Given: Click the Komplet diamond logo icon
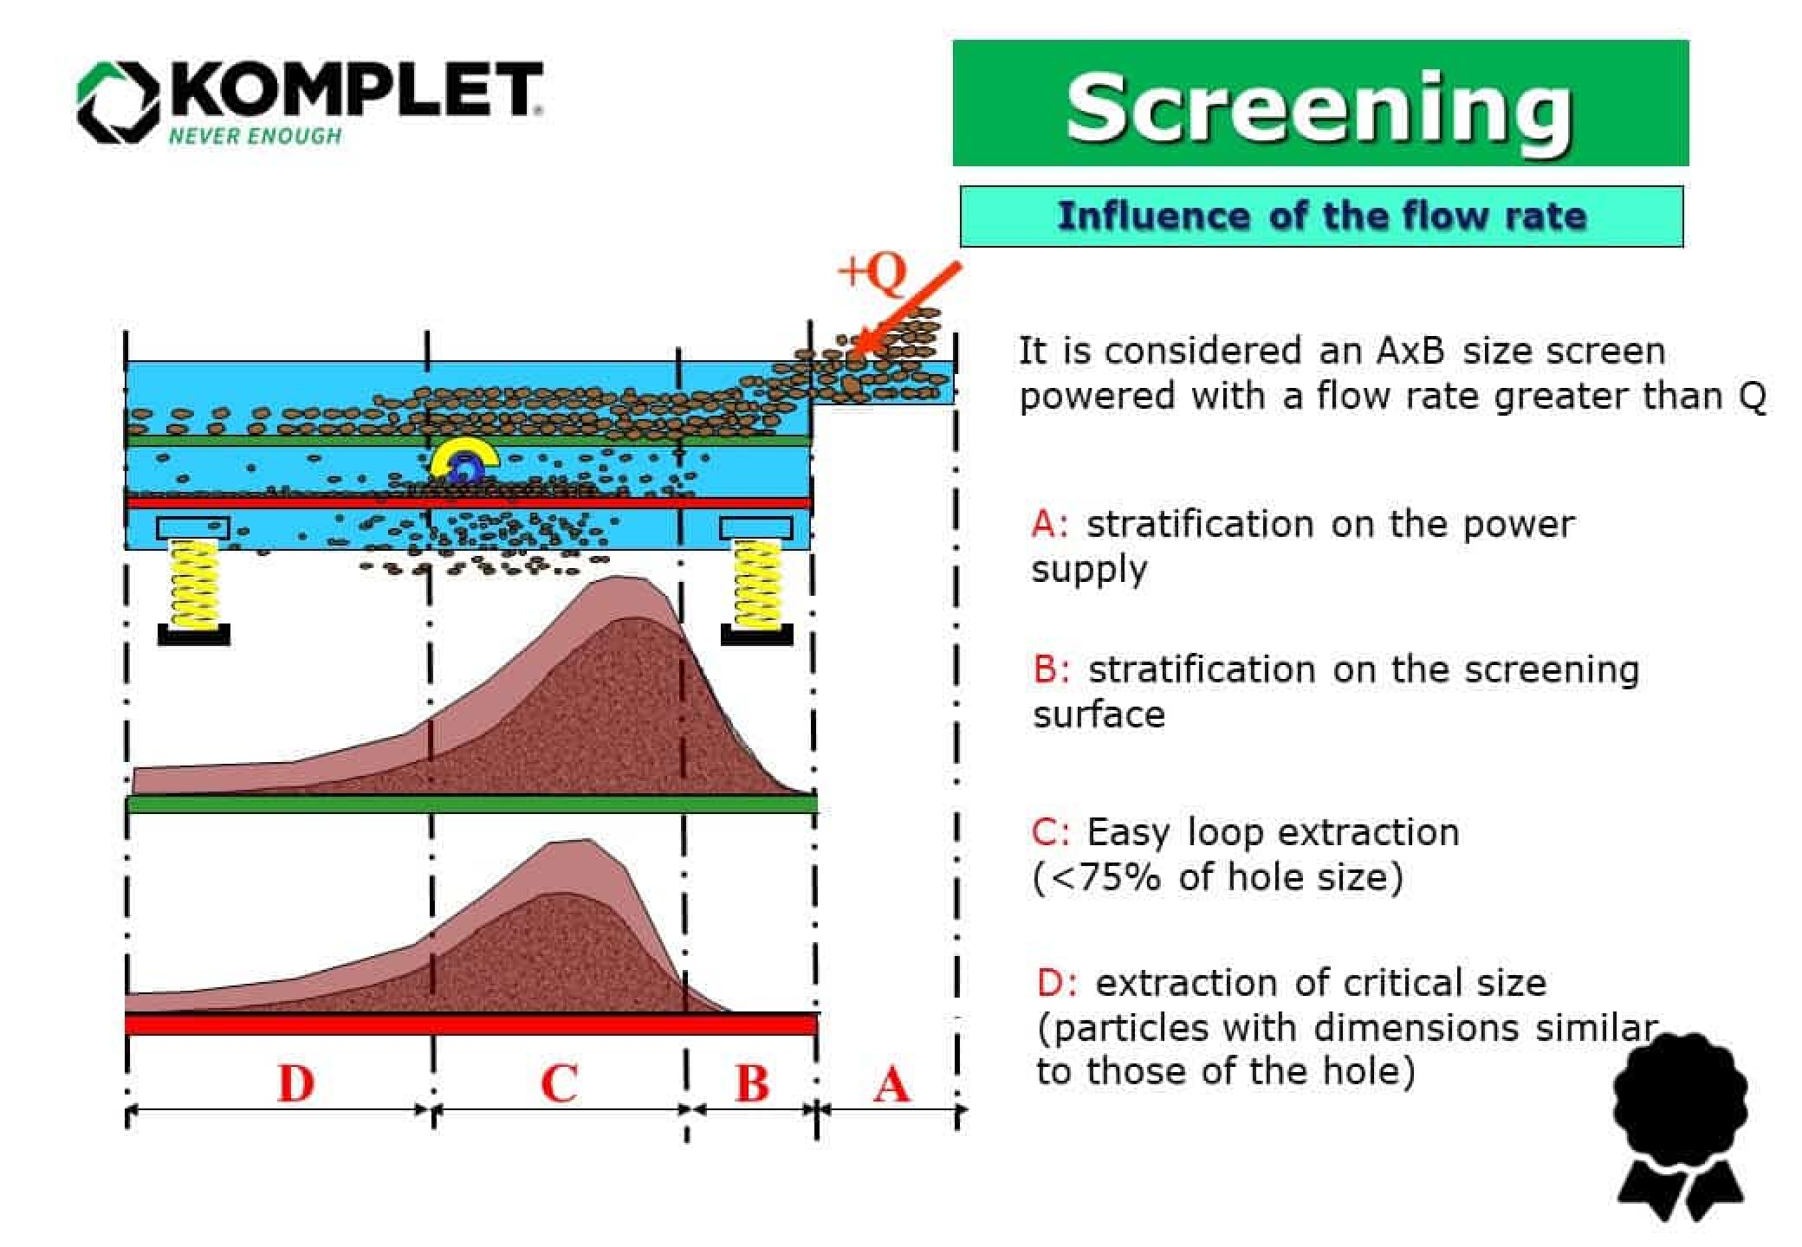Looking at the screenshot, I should click(119, 101).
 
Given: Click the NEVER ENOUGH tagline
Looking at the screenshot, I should click(255, 136).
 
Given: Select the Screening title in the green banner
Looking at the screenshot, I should click(1319, 107).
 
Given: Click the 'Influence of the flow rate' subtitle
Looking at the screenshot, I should click(1321, 216).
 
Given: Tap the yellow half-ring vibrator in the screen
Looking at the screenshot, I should click(464, 456).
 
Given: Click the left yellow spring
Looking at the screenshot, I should click(194, 583).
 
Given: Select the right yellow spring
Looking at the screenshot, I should click(756, 583).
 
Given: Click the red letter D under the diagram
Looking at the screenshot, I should click(295, 1083).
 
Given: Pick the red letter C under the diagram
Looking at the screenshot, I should click(559, 1083).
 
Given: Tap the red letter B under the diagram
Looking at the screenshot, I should click(752, 1083).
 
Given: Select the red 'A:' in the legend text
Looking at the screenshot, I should click(1050, 525).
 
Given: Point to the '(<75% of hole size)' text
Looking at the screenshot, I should click(1217, 877).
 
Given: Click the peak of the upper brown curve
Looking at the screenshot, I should click(616, 578).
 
